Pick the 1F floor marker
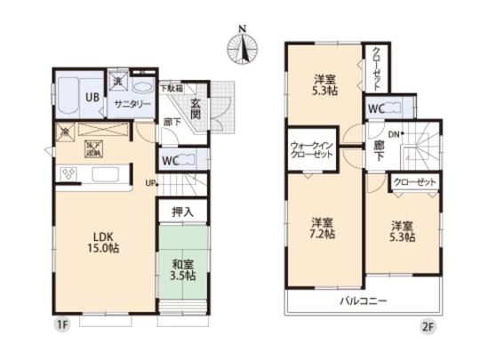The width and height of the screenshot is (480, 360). (62, 328)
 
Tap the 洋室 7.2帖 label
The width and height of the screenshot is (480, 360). (322, 228)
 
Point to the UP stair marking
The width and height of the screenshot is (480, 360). (151, 185)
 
